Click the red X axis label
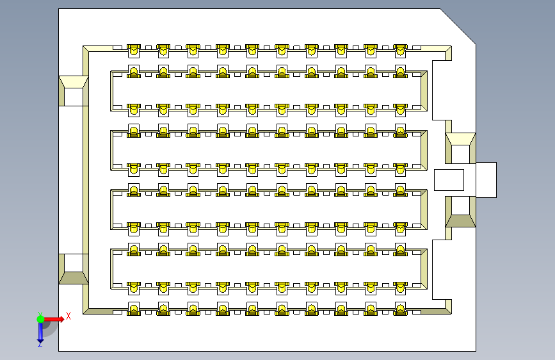[68, 316]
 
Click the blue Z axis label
[40, 344]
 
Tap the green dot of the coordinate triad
[40, 317]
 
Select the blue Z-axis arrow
[40, 331]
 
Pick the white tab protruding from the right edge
[486, 179]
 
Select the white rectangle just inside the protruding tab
[449, 179]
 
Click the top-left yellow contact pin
[134, 49]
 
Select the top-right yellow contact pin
[400, 49]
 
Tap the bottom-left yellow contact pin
[134, 310]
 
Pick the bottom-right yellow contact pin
[400, 310]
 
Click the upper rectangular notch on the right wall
[442, 90]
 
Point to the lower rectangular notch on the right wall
[442, 269]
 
